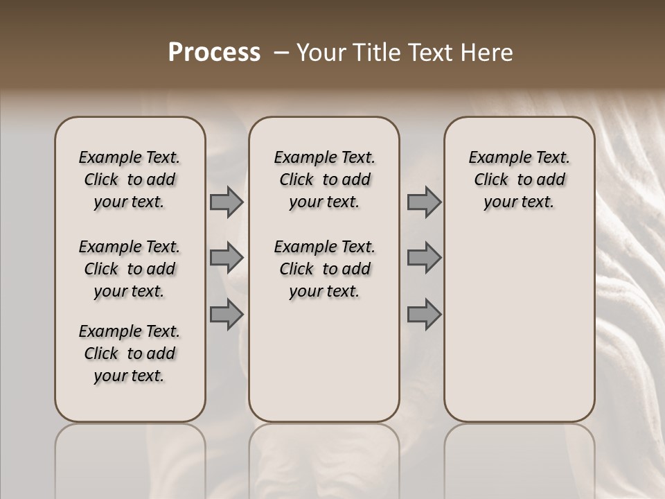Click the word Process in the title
(x=214, y=53)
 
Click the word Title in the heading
(x=373, y=53)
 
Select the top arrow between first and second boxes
(x=227, y=202)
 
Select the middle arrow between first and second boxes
(x=227, y=258)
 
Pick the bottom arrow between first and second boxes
(x=227, y=315)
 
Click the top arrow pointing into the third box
(x=424, y=202)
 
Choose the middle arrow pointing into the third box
(x=424, y=258)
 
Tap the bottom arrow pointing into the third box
(x=424, y=315)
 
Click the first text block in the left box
(x=130, y=180)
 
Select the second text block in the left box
(x=130, y=269)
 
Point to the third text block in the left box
(x=130, y=353)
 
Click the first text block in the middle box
(x=324, y=180)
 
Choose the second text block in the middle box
(x=324, y=269)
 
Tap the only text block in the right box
(x=519, y=180)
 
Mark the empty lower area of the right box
(x=519, y=319)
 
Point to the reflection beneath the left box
(x=130, y=457)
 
